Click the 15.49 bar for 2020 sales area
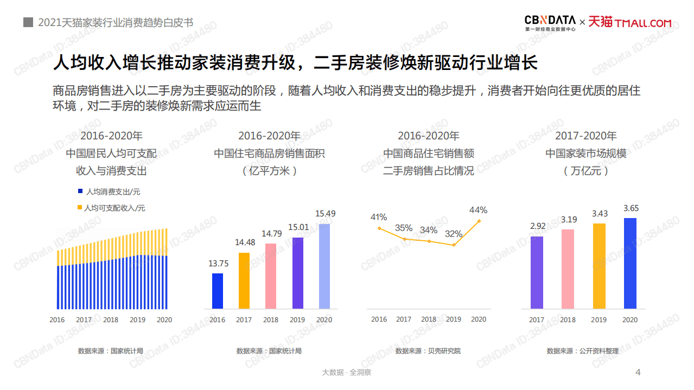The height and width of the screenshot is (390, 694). click(324, 266)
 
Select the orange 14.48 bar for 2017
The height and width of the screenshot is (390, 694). click(244, 280)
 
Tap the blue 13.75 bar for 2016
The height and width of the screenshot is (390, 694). click(217, 291)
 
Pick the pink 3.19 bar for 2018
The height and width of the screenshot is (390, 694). click(568, 269)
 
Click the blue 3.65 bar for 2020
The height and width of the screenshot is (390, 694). click(630, 263)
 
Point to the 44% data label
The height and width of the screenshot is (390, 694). click(479, 210)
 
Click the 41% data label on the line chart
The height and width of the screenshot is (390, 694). click(379, 217)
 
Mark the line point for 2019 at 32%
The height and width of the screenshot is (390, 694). click(454, 245)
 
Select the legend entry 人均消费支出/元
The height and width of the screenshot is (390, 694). click(110, 192)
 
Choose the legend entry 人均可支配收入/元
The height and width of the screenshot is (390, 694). click(111, 208)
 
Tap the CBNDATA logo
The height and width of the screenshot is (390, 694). click(550, 22)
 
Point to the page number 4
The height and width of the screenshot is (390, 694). click(638, 372)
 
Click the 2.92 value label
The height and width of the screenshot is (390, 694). click(537, 226)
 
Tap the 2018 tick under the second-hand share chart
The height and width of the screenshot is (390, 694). click(429, 319)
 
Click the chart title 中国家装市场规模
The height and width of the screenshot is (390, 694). click(586, 154)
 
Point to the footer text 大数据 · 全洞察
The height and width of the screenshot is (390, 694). click(347, 372)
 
